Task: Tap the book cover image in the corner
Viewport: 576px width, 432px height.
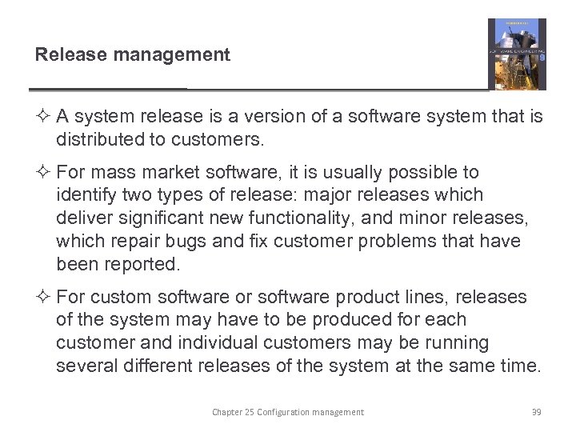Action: [517, 54]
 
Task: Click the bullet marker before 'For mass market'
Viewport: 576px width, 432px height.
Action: [44, 173]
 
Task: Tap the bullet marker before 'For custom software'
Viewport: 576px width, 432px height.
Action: [44, 298]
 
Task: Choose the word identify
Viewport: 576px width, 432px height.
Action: [84, 194]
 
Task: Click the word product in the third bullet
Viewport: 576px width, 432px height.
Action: [373, 297]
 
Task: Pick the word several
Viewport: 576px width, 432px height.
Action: [84, 366]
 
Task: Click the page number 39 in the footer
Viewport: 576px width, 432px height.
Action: [537, 412]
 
